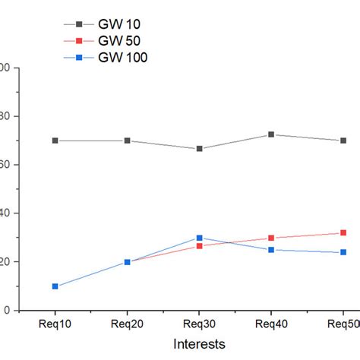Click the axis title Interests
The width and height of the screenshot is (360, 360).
(199, 344)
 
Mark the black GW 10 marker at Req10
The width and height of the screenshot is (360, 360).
(55, 141)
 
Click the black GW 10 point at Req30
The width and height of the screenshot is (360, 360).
(199, 149)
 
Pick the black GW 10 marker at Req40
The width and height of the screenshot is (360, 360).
(271, 134)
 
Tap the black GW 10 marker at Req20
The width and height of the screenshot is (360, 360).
(127, 141)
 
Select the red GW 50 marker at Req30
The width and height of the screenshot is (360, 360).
(199, 246)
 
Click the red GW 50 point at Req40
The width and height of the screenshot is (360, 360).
(271, 238)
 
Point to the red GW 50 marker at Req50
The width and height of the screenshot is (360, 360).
(343, 233)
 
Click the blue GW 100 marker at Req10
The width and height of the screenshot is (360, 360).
(55, 286)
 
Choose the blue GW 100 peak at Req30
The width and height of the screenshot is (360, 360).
(199, 238)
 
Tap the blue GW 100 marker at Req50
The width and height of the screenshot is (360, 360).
(343, 252)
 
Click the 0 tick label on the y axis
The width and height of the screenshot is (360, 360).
(5, 311)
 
